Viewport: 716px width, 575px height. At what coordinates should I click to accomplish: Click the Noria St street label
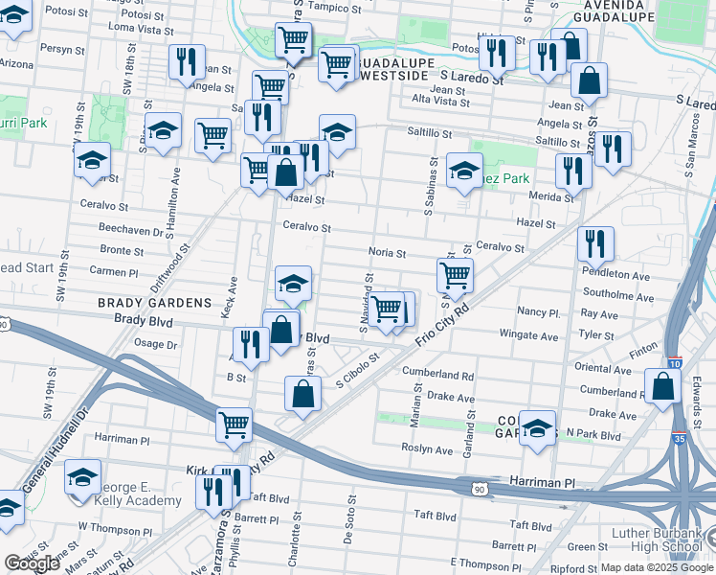pos(388,253)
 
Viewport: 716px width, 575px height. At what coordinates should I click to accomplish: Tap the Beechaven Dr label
pos(131,231)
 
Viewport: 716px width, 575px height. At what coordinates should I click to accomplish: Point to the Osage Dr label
pos(156,344)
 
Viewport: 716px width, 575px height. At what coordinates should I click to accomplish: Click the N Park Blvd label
pos(593,435)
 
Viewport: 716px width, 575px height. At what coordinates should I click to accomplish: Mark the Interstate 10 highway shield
pos(676,363)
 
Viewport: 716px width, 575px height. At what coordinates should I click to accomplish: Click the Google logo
pos(32,563)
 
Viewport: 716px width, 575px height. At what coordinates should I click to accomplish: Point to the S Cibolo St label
pos(358,369)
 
